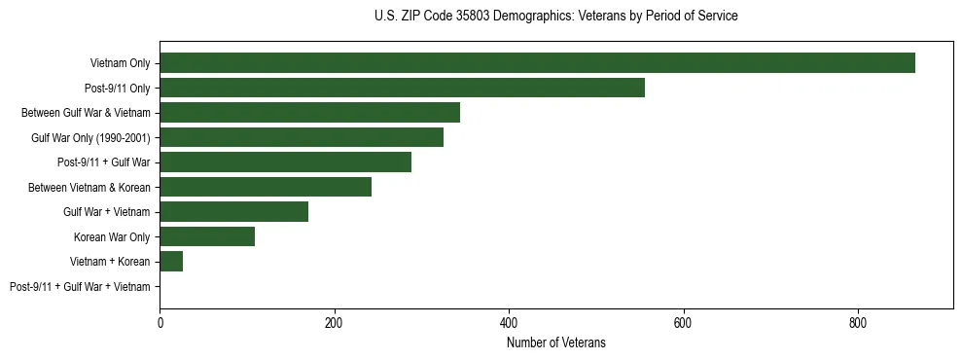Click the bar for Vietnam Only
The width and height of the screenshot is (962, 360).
pyautogui.click(x=537, y=63)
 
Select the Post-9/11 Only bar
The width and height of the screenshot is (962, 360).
pyautogui.click(x=402, y=88)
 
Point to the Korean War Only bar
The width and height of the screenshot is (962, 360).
pyautogui.click(x=207, y=236)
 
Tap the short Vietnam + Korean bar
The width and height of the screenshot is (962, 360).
pyautogui.click(x=171, y=262)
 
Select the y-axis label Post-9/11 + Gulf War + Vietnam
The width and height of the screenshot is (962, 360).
pyautogui.click(x=80, y=287)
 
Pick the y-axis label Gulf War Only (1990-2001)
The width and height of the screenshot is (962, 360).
pyautogui.click(x=90, y=138)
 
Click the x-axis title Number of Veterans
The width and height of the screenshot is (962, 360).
pyautogui.click(x=555, y=342)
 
